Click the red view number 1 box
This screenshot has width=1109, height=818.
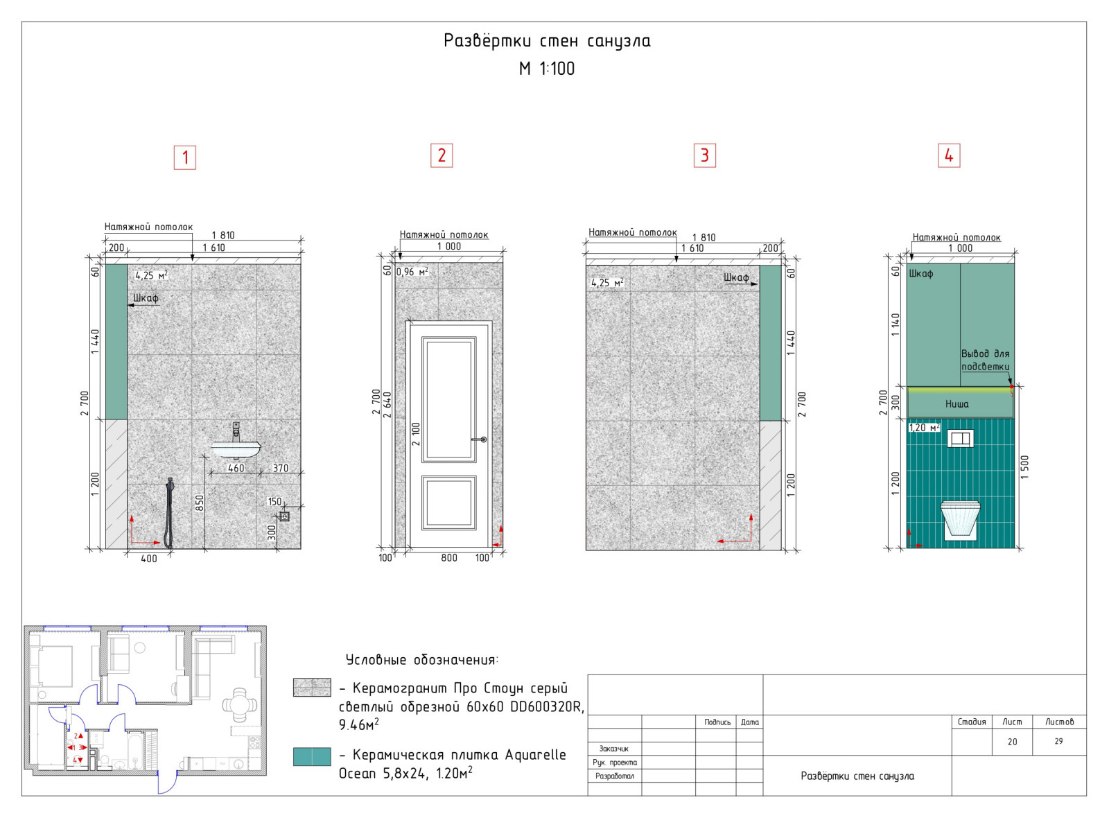pyautogui.click(x=184, y=157)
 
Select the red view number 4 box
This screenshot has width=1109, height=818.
pyautogui.click(x=949, y=155)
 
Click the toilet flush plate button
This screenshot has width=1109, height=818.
pyautogui.click(x=960, y=438)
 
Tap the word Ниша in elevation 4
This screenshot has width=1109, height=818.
pyautogui.click(x=957, y=404)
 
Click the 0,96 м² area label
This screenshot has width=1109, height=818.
pyautogui.click(x=412, y=271)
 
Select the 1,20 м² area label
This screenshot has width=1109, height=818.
pyautogui.click(x=924, y=427)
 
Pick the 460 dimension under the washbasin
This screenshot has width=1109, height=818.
pyautogui.click(x=236, y=468)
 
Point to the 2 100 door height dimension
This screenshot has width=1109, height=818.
pyautogui.click(x=416, y=434)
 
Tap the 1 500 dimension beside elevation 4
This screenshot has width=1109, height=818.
pyautogui.click(x=1024, y=467)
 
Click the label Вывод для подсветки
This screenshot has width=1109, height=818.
pyautogui.click(x=985, y=360)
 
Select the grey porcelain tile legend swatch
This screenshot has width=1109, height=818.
pyautogui.click(x=312, y=687)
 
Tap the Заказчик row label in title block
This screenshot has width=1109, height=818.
pyautogui.click(x=613, y=749)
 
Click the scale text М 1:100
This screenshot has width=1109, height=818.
pyautogui.click(x=547, y=69)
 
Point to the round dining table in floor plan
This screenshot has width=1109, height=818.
pyautogui.click(x=240, y=704)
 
